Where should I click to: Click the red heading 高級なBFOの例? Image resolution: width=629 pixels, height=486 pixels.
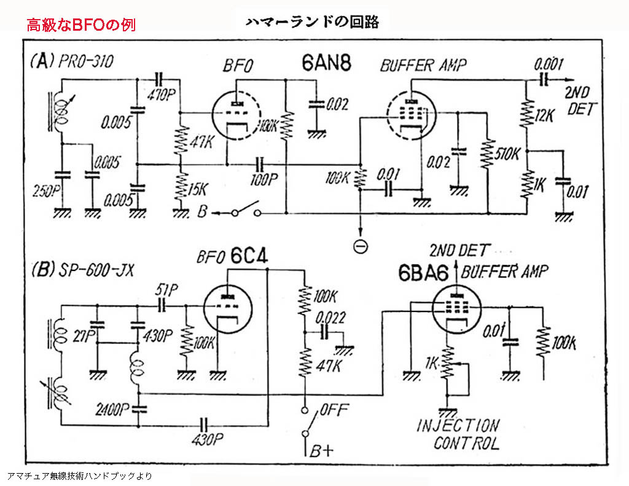pos(80,25)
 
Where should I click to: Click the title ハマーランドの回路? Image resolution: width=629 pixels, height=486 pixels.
pos(312,23)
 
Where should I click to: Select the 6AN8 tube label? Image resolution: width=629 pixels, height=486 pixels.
pos(326,63)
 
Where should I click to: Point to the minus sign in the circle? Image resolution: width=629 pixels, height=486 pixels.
pos(361,246)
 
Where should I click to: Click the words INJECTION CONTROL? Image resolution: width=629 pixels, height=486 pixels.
pos(458,434)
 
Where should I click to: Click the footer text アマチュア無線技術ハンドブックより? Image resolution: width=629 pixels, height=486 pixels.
pos(79,476)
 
